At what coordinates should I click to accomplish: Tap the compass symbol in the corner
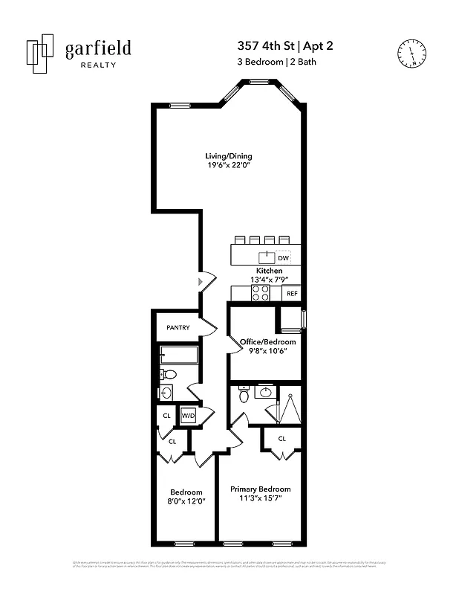(x=411, y=52)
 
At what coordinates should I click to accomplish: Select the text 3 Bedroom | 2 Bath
(x=281, y=62)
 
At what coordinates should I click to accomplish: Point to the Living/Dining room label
(x=229, y=156)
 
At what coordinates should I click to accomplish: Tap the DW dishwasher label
(x=283, y=258)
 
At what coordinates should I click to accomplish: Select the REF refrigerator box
(x=292, y=294)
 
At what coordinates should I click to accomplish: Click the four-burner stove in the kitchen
(x=260, y=294)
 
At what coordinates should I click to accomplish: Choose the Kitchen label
(x=269, y=271)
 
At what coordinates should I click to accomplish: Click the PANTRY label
(x=178, y=327)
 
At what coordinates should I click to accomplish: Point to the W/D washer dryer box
(x=188, y=416)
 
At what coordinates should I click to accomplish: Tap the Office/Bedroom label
(x=267, y=342)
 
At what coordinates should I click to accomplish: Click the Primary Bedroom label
(x=260, y=489)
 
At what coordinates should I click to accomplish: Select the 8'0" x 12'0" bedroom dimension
(x=186, y=501)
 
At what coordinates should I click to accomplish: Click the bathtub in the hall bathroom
(x=178, y=355)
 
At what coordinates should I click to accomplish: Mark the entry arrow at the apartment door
(x=201, y=282)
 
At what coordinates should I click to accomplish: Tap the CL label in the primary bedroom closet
(x=282, y=439)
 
